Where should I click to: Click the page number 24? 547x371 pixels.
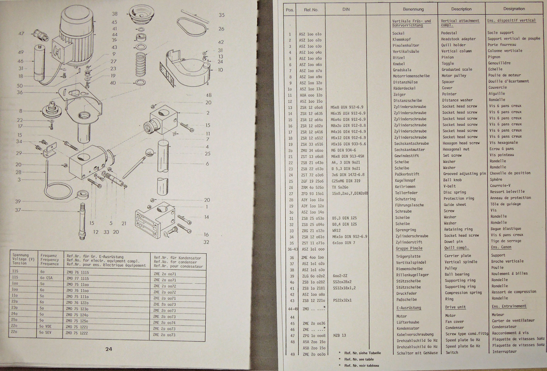pyautogui.click(x=109, y=349)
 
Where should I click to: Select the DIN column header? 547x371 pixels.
pyautogui.click(x=346, y=9)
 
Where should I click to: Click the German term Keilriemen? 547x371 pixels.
pyautogui.click(x=405, y=187)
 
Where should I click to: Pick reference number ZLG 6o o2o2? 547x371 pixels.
pyautogui.click(x=314, y=276)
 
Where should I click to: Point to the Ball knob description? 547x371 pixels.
pyautogui.click(x=452, y=180)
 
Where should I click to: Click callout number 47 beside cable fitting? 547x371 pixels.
pyautogui.click(x=21, y=33)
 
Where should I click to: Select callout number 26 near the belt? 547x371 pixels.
pyautogui.click(x=221, y=29)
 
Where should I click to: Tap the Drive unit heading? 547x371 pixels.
pyautogui.click(x=455, y=307)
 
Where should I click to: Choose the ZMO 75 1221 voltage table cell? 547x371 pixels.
pyautogui.click(x=77, y=327)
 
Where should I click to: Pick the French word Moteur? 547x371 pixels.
pyautogui.click(x=498, y=315)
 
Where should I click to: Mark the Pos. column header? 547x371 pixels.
pyautogui.click(x=290, y=10)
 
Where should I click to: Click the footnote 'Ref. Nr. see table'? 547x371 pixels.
pyautogui.click(x=359, y=359)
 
